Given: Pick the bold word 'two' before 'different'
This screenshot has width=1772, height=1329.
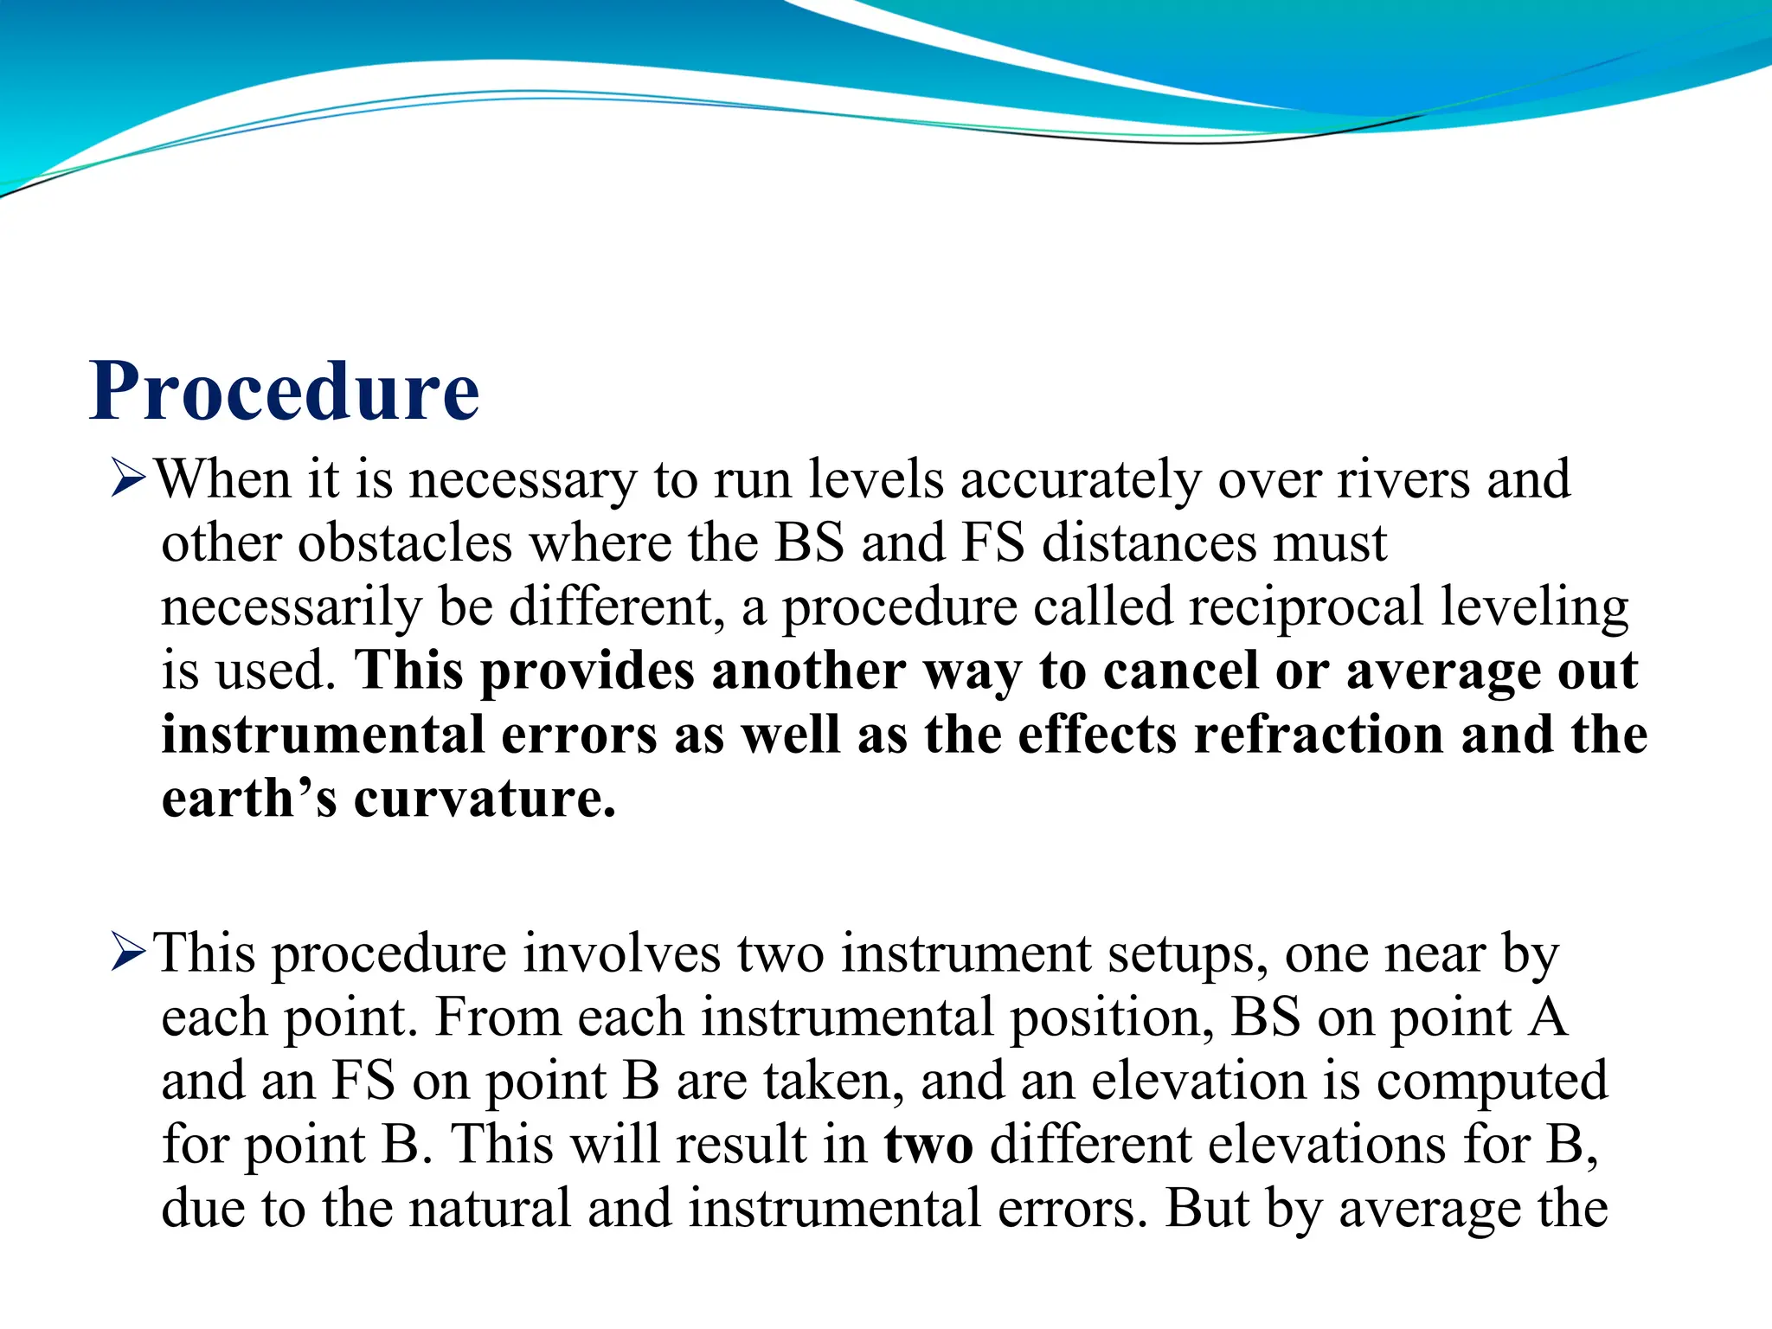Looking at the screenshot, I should [928, 1144].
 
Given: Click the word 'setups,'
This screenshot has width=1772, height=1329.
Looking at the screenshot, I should [1188, 953].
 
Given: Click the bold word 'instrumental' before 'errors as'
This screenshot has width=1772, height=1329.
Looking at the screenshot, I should [323, 735].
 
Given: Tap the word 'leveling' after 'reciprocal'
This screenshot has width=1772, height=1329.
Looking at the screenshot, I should [1534, 607].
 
